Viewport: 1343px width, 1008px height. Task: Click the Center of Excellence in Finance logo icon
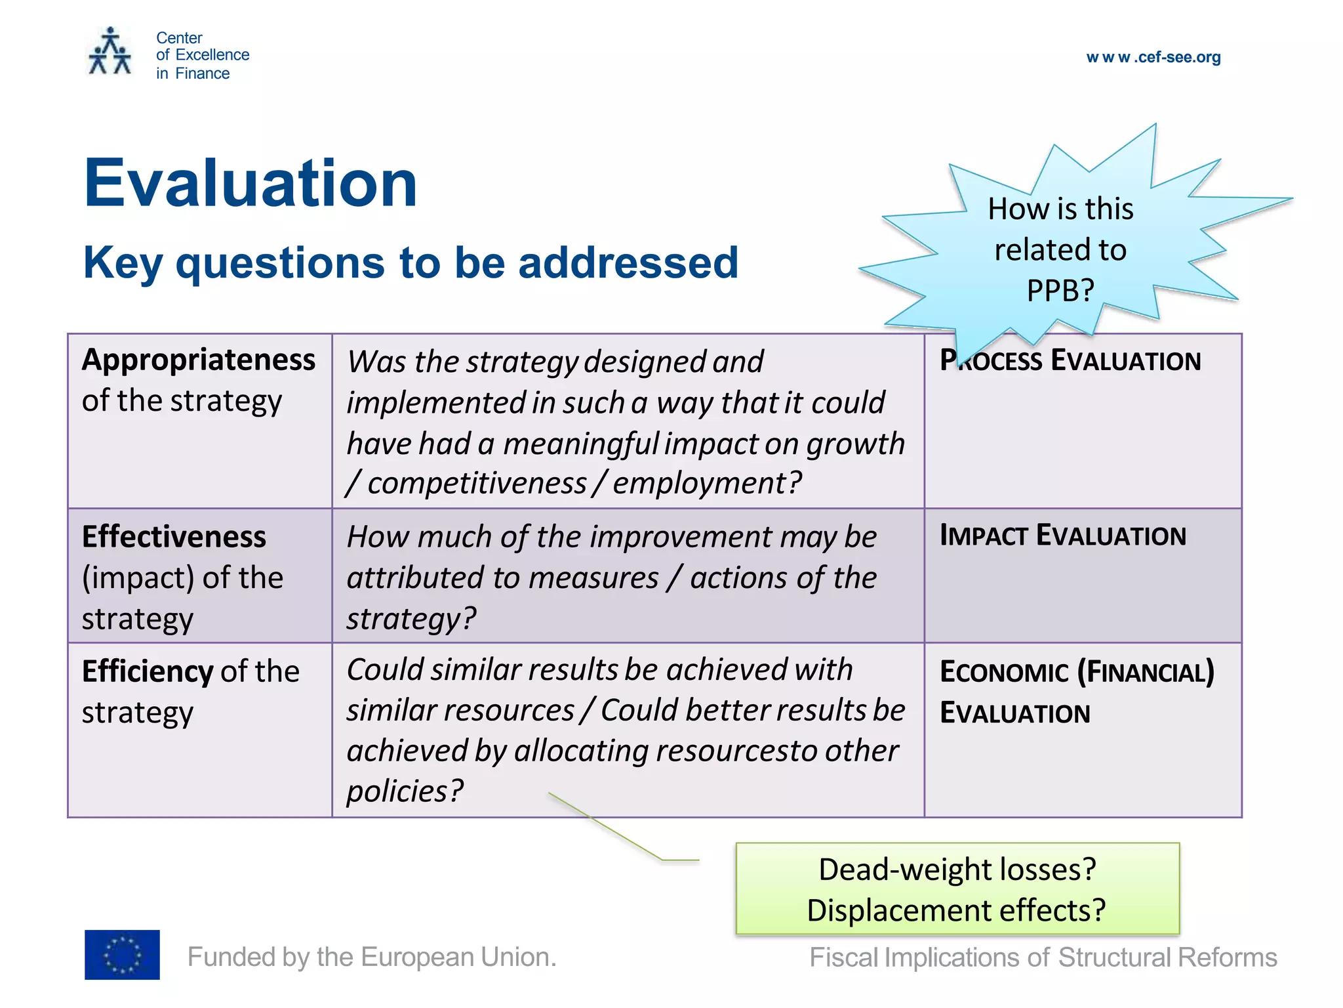pyautogui.click(x=110, y=52)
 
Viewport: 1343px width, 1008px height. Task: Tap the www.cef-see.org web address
pyautogui.click(x=1153, y=57)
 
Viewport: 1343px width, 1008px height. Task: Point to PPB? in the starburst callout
pyautogui.click(x=1060, y=290)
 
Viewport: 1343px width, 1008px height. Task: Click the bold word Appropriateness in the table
pyautogui.click(x=199, y=360)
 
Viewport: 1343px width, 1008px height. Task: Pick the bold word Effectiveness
pyautogui.click(x=174, y=537)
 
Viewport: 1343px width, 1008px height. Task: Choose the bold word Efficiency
pyautogui.click(x=148, y=671)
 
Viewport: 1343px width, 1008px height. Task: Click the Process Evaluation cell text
pyautogui.click(x=1070, y=361)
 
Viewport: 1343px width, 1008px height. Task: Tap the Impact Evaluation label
pyautogui.click(x=1062, y=535)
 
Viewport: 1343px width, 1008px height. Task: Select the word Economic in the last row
pyautogui.click(x=1003, y=672)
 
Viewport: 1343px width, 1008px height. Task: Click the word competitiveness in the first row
pyautogui.click(x=477, y=484)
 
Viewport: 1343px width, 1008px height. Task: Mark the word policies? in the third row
pyautogui.click(x=405, y=791)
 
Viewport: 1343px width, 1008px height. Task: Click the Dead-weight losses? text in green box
pyautogui.click(x=957, y=870)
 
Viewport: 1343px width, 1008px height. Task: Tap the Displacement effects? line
pyautogui.click(x=956, y=911)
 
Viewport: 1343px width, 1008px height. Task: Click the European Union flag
pyautogui.click(x=122, y=955)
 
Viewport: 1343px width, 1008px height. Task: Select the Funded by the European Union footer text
pyautogui.click(x=372, y=957)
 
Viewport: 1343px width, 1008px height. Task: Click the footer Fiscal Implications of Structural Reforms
pyautogui.click(x=1043, y=957)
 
